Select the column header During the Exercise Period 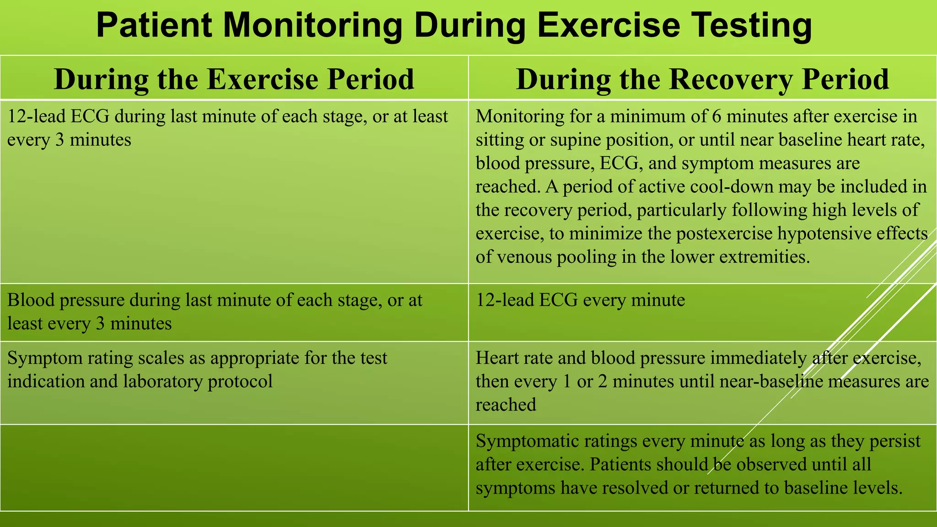tap(234, 79)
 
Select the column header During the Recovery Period tap(702, 79)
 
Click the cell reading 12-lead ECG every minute tap(580, 301)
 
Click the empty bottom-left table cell tap(234, 467)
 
